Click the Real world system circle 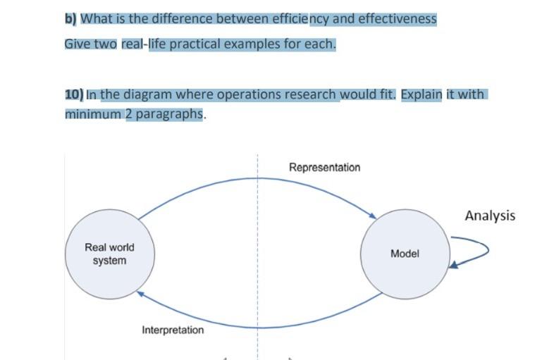tap(109, 254)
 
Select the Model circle tap(405, 254)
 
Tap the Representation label tap(324, 168)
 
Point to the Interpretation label tap(173, 330)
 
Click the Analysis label tap(490, 216)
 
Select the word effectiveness tap(398, 19)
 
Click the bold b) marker tap(70, 19)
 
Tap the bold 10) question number tap(74, 94)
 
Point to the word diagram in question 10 tap(149, 94)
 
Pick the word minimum tap(93, 114)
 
